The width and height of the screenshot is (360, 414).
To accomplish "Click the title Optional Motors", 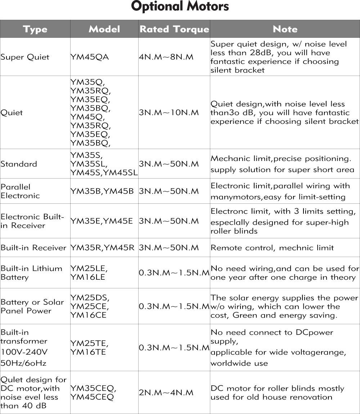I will coord(180,7).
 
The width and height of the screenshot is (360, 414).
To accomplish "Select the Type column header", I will coord(35,29).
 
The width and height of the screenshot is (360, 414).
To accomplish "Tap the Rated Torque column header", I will coord(174,29).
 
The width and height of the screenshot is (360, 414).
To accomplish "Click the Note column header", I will coord(285,29).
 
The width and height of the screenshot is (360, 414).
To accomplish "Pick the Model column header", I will coord(104,29).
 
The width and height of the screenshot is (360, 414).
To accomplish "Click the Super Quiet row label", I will coord(25,57).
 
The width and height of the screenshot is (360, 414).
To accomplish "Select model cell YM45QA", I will coord(90,57).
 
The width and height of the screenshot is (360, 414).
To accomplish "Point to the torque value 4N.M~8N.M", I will coord(166,57).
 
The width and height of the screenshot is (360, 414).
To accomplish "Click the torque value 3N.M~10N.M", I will coord(169,113).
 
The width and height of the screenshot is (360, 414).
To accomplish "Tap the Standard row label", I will coord(19,164).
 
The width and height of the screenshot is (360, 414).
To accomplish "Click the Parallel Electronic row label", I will coord(20,191).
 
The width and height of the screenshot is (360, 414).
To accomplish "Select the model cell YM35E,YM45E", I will coord(102,221).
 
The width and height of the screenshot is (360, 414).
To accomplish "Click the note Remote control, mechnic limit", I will coord(272,248).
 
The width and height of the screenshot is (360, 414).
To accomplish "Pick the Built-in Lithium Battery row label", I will coord(31,273).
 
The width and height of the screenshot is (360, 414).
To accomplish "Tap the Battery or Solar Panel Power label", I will coord(32,306).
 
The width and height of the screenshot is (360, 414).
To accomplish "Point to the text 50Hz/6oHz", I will coord(23,363).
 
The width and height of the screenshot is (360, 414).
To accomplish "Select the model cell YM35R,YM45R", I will coord(102,248).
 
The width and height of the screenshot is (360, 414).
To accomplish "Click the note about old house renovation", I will coord(277,393).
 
